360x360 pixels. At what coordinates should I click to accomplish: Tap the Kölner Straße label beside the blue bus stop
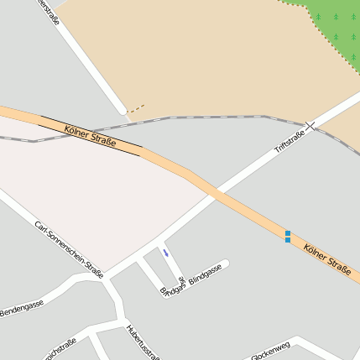click(327, 258)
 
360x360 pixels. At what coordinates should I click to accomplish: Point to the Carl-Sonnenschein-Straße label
click(68, 249)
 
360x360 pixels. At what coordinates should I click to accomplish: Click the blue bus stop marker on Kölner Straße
click(288, 237)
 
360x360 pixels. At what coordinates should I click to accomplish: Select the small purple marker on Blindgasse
click(166, 252)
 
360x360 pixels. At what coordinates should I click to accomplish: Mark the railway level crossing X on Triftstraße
click(310, 126)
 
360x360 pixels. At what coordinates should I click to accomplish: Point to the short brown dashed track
click(136, 107)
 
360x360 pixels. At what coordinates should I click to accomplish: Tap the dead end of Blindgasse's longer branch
click(225, 263)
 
